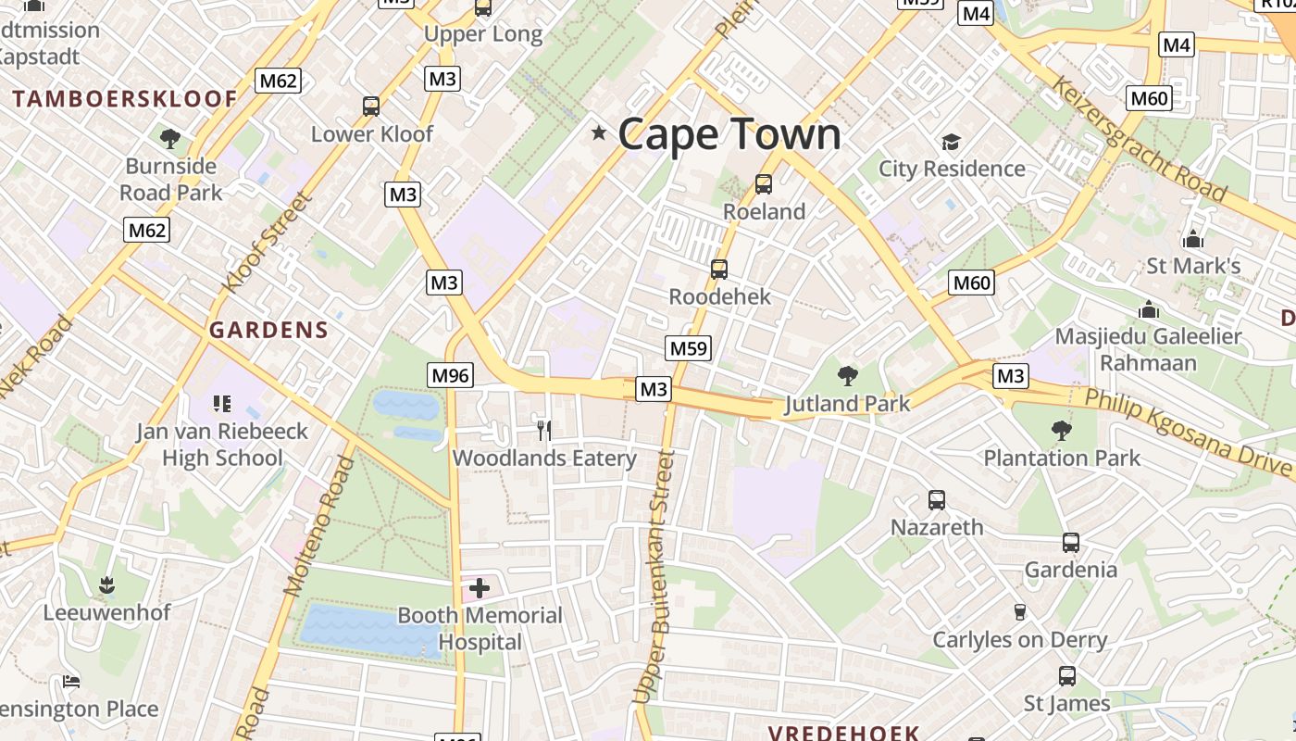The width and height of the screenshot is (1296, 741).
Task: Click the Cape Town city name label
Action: tap(729, 134)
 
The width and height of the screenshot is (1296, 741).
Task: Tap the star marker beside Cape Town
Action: tap(599, 133)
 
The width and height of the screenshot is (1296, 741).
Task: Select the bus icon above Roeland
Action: tap(764, 183)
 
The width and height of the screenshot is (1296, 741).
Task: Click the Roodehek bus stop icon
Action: tap(719, 270)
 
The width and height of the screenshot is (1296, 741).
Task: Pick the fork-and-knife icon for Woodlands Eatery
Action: tap(544, 430)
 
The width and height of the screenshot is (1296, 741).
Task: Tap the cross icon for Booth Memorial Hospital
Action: tap(480, 587)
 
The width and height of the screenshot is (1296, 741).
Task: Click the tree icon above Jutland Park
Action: tap(847, 375)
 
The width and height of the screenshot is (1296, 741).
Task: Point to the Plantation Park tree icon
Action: tap(1061, 430)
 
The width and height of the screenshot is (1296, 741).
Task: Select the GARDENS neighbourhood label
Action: tap(268, 330)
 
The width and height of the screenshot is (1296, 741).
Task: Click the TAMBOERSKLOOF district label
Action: tap(125, 99)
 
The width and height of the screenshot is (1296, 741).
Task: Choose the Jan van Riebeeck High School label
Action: tap(222, 445)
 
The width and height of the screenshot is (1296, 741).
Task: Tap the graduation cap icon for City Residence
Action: tap(951, 142)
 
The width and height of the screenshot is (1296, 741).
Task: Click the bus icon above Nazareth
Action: tap(937, 500)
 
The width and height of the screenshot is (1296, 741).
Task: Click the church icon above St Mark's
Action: tap(1193, 239)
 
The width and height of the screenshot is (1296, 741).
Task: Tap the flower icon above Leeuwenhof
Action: tap(106, 584)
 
